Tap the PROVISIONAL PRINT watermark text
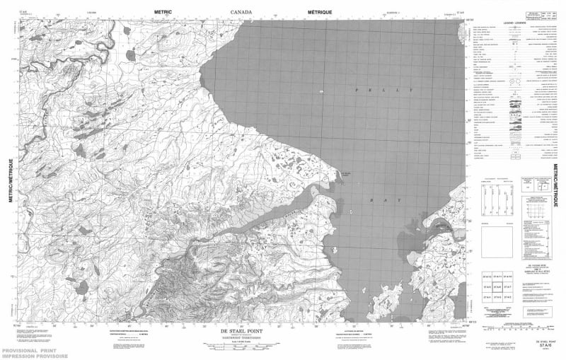(29, 350)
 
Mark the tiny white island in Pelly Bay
(322, 92)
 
